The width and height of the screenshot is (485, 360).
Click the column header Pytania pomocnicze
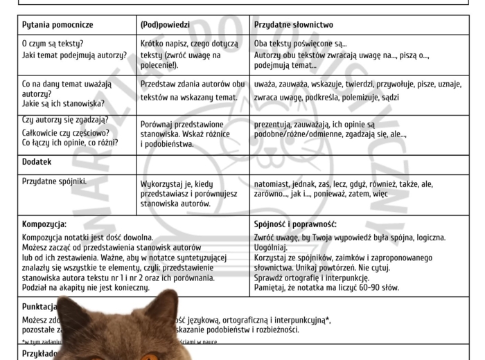[58, 25]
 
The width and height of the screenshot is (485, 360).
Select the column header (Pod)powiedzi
[165, 25]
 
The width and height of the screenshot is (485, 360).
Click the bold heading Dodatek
[37, 162]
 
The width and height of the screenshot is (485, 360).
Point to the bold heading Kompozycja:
[44, 224]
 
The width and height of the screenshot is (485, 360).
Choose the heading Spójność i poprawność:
[295, 224]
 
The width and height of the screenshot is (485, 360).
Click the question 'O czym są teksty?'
[53, 44]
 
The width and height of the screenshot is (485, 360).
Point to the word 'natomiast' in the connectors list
[272, 185]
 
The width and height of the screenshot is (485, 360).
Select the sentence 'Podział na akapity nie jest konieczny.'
[86, 287]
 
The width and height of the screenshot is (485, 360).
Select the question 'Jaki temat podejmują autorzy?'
[74, 55]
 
